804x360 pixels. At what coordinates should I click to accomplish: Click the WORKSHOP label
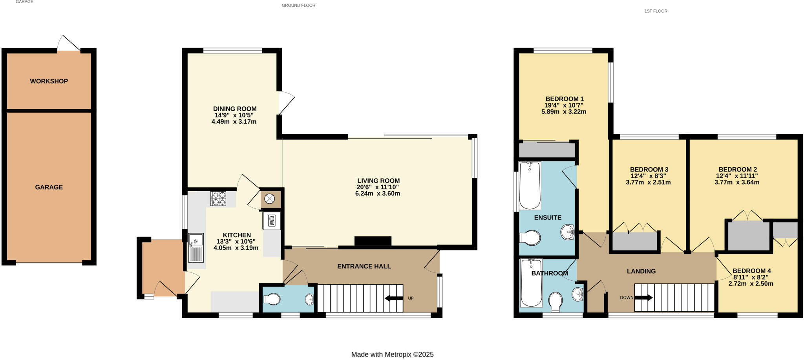click(49, 81)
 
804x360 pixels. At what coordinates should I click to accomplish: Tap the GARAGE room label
click(49, 187)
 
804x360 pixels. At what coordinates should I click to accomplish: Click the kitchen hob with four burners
click(218, 199)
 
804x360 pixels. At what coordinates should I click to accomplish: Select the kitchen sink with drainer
click(196, 248)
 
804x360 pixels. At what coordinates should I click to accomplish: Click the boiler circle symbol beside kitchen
click(270, 199)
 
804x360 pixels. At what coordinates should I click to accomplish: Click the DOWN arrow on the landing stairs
click(643, 298)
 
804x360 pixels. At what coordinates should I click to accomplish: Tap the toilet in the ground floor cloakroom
click(272, 300)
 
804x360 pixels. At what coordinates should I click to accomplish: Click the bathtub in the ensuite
click(530, 185)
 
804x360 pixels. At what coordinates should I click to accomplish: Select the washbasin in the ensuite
click(568, 232)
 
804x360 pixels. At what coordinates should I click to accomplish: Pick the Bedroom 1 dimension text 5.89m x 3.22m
click(564, 112)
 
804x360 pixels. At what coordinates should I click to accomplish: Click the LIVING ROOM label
click(378, 181)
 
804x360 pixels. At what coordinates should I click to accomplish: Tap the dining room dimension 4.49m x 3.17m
click(234, 122)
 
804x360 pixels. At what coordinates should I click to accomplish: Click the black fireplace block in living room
click(373, 241)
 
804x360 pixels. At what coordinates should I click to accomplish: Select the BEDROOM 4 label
click(751, 271)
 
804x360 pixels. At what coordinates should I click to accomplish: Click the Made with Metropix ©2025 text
click(392, 355)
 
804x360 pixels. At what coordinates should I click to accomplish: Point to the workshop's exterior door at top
click(69, 44)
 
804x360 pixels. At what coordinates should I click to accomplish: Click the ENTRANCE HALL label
click(364, 266)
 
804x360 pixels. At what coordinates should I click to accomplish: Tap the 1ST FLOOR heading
click(656, 11)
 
